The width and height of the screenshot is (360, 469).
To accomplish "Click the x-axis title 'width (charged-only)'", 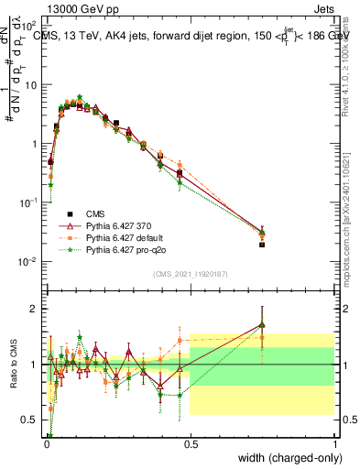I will [x=290, y=457].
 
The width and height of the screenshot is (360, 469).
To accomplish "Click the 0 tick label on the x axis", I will [x=45, y=442].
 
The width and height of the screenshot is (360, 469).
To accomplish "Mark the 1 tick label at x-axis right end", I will [x=334, y=442].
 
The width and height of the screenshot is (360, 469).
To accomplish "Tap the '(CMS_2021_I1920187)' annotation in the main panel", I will [x=189, y=273].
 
